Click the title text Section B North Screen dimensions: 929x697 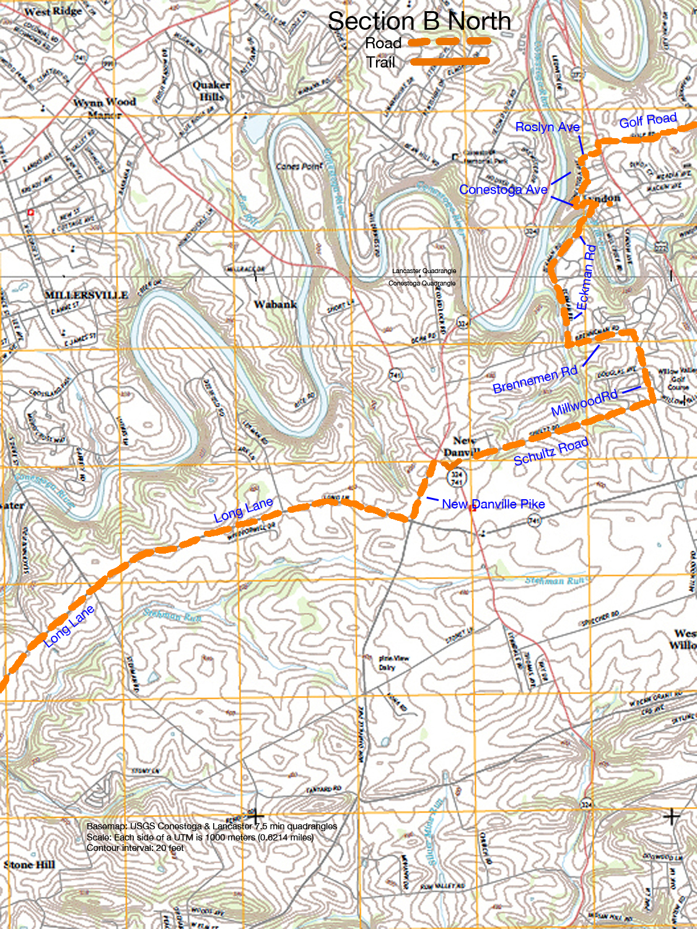click(419, 21)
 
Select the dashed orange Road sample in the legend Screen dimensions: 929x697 click(450, 42)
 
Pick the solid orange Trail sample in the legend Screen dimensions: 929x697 click(450, 61)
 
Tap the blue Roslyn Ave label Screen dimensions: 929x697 click(547, 127)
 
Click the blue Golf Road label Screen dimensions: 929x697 click(647, 120)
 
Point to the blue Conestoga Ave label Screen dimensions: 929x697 click(503, 190)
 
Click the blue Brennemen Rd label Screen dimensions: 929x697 click(535, 379)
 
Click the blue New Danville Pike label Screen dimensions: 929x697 click(493, 504)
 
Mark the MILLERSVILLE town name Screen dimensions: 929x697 click(86, 295)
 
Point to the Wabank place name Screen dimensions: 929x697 click(275, 304)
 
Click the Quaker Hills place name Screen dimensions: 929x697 click(211, 90)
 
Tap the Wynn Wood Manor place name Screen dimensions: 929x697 click(104, 108)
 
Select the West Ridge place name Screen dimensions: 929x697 click(53, 11)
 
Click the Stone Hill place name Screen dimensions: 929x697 click(29, 865)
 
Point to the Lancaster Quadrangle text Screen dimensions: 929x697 click(424, 271)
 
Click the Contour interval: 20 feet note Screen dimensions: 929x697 click(135, 848)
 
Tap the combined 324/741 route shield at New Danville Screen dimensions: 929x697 click(457, 478)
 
